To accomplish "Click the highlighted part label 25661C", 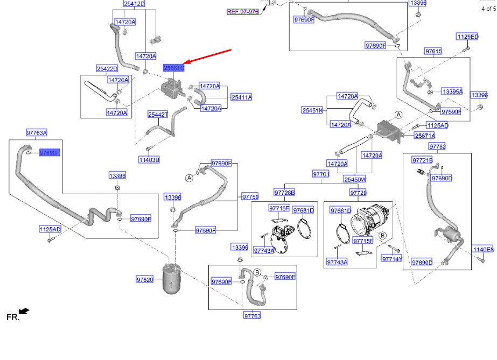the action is point(174,68).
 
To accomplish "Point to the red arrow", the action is point(208,57).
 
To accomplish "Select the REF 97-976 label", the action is point(243,12).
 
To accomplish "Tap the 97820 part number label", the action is point(145,280).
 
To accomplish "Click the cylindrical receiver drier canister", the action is point(171,279).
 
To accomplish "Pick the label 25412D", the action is point(135,4).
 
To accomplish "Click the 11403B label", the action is point(149,160).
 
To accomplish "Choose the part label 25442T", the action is point(158,114).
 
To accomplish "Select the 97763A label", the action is point(37,133).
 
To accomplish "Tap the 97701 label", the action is point(321,174).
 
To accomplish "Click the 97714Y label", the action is point(392,259).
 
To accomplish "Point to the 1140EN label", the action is point(484,250).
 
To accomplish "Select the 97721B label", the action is point(423,160).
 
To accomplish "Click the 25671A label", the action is point(425,136).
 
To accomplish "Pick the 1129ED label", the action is point(467,37).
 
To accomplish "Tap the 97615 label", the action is point(433,51).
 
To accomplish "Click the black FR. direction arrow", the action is point(24,311).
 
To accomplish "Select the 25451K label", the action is point(312,110).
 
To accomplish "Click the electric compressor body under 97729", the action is point(370,220).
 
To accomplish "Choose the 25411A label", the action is point(242,97).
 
